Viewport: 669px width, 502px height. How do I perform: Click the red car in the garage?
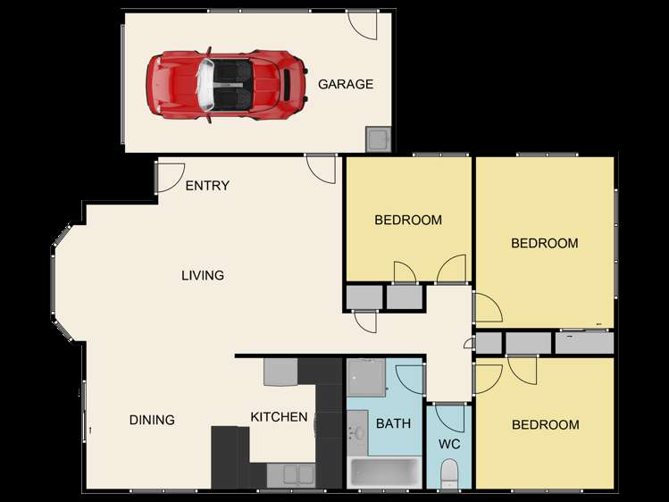[x=225, y=83]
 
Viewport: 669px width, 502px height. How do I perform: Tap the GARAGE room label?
[x=346, y=85]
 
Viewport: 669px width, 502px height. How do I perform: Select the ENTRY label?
[x=207, y=186]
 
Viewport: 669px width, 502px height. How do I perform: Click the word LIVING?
[x=203, y=275]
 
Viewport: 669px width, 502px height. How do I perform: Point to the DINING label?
[x=152, y=420]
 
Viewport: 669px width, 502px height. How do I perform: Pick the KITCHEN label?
[x=279, y=417]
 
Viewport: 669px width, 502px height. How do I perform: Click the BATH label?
[x=393, y=423]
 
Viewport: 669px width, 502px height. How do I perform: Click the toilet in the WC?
[x=450, y=472]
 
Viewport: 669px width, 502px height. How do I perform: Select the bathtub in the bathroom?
[x=384, y=471]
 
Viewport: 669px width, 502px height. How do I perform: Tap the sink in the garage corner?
[x=378, y=139]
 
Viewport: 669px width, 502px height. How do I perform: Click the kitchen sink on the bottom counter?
[x=291, y=474]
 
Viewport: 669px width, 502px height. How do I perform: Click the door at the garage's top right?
[x=364, y=25]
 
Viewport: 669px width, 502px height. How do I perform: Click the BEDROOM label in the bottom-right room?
[x=545, y=425]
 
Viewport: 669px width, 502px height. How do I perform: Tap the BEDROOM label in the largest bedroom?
[x=544, y=243]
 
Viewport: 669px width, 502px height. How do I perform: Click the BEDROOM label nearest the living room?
[x=407, y=220]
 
